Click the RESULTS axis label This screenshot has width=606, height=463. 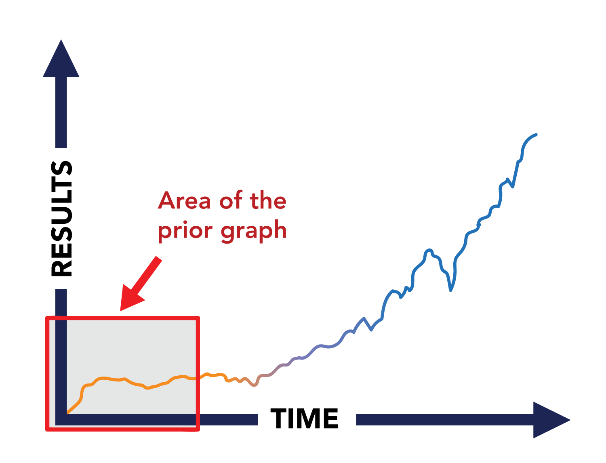(61, 219)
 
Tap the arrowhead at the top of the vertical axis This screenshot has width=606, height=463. (61, 58)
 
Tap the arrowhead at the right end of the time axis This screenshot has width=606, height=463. (551, 420)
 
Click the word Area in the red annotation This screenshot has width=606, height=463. (184, 200)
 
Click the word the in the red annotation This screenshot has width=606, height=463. (268, 200)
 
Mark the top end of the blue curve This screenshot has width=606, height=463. (536, 135)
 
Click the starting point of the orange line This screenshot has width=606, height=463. (68, 413)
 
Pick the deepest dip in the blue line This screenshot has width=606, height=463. (450, 290)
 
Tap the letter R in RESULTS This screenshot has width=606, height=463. (61, 266)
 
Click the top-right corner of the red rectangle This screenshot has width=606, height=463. (198, 318)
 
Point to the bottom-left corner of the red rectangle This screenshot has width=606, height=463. (47, 429)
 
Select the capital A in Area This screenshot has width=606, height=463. (167, 200)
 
